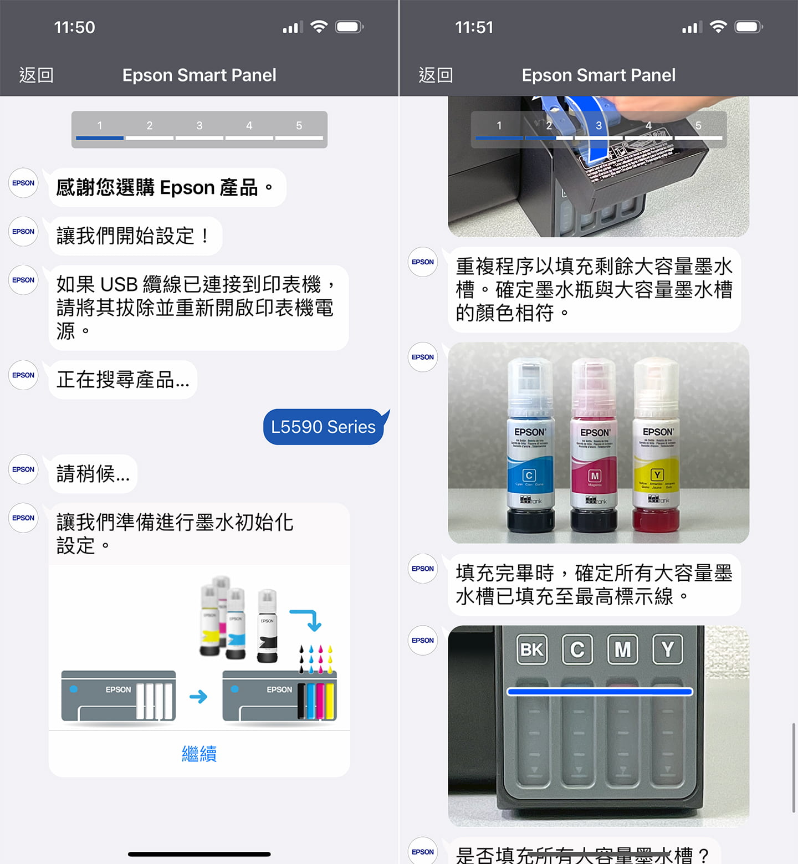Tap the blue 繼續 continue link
point(199,754)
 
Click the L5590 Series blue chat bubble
point(323,427)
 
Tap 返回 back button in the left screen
point(37,75)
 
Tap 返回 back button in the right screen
point(436,75)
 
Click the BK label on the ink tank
point(532,649)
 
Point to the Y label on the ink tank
point(667,649)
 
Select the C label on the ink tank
point(577,649)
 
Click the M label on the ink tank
point(622,649)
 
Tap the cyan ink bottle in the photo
point(530,446)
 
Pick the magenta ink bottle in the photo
point(595,446)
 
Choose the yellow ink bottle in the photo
point(657,446)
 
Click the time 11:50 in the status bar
point(74,27)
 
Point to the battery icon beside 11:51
point(748,27)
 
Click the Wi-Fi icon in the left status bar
point(319,27)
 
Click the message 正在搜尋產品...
point(123,380)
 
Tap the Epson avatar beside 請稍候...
point(23,469)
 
